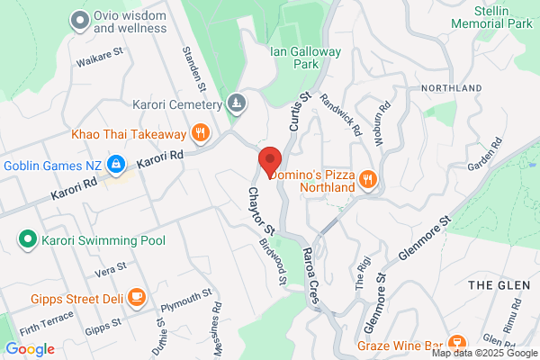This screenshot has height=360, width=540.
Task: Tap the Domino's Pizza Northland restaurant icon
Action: coord(366,180)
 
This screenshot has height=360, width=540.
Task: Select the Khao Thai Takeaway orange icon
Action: coord(201,135)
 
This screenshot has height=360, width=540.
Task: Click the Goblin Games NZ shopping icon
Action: coord(115,164)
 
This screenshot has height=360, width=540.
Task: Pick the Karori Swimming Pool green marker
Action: coord(27,240)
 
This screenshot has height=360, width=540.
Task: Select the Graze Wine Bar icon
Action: coord(456,344)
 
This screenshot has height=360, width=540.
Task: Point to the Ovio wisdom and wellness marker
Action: coord(81,20)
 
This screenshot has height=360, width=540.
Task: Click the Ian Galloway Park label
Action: coord(306,58)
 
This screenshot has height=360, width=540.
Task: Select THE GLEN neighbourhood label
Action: coord(500,283)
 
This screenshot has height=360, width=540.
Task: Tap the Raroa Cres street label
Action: coord(311,278)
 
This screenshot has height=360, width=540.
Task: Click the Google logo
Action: coord(30,348)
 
